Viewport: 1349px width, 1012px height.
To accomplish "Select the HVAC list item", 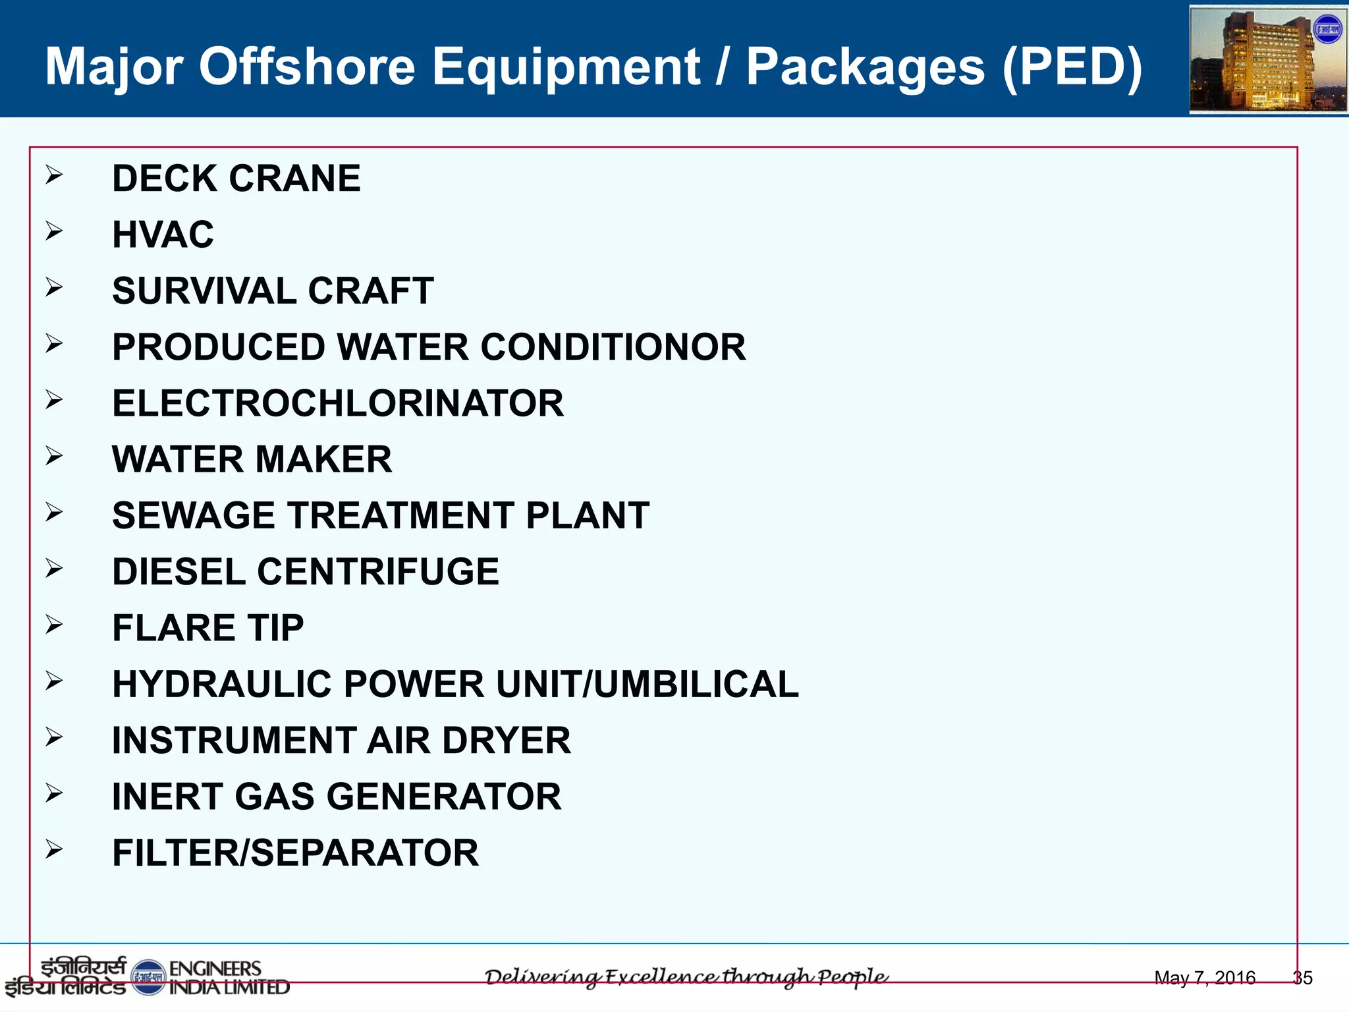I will (163, 235).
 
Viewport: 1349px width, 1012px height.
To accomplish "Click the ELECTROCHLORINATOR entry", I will (338, 403).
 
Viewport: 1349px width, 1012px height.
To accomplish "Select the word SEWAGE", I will (194, 515).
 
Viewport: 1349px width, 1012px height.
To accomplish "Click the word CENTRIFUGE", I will (377, 571).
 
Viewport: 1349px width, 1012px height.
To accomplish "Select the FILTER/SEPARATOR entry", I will (295, 853).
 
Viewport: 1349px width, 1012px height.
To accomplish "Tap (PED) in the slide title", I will (1072, 67).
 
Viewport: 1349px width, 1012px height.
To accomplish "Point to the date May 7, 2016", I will (1205, 978).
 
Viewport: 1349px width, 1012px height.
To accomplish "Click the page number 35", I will (1302, 978).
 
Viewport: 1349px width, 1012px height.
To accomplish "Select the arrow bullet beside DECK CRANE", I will (54, 175).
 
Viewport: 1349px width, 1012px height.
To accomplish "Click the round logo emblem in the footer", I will (148, 977).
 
